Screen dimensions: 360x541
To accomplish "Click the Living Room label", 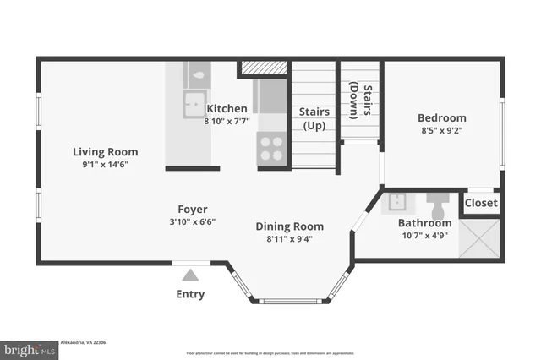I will coord(105,152).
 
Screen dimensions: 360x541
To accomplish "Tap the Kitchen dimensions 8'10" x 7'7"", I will coord(227,121).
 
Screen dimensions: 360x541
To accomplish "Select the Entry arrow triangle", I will coord(190,275).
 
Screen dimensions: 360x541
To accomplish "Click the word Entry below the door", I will coord(190,294).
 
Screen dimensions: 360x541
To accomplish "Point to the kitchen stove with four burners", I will coord(271,150).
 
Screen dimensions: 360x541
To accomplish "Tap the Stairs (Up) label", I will coord(314,118).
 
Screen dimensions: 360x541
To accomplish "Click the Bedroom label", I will coord(441,117).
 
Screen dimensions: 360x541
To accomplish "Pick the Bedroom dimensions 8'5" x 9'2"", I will coord(441,131).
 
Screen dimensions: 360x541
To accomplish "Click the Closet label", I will coord(481,203).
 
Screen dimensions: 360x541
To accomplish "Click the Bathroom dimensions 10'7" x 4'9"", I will coord(425,236).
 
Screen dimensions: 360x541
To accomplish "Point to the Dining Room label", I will coord(290,226).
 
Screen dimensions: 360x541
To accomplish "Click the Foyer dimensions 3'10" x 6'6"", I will coord(192,222).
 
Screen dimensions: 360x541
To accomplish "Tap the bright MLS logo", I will coord(30,349).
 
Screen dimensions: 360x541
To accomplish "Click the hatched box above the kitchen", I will coord(263,68).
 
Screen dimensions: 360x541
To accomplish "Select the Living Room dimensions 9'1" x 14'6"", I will coord(105,166).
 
